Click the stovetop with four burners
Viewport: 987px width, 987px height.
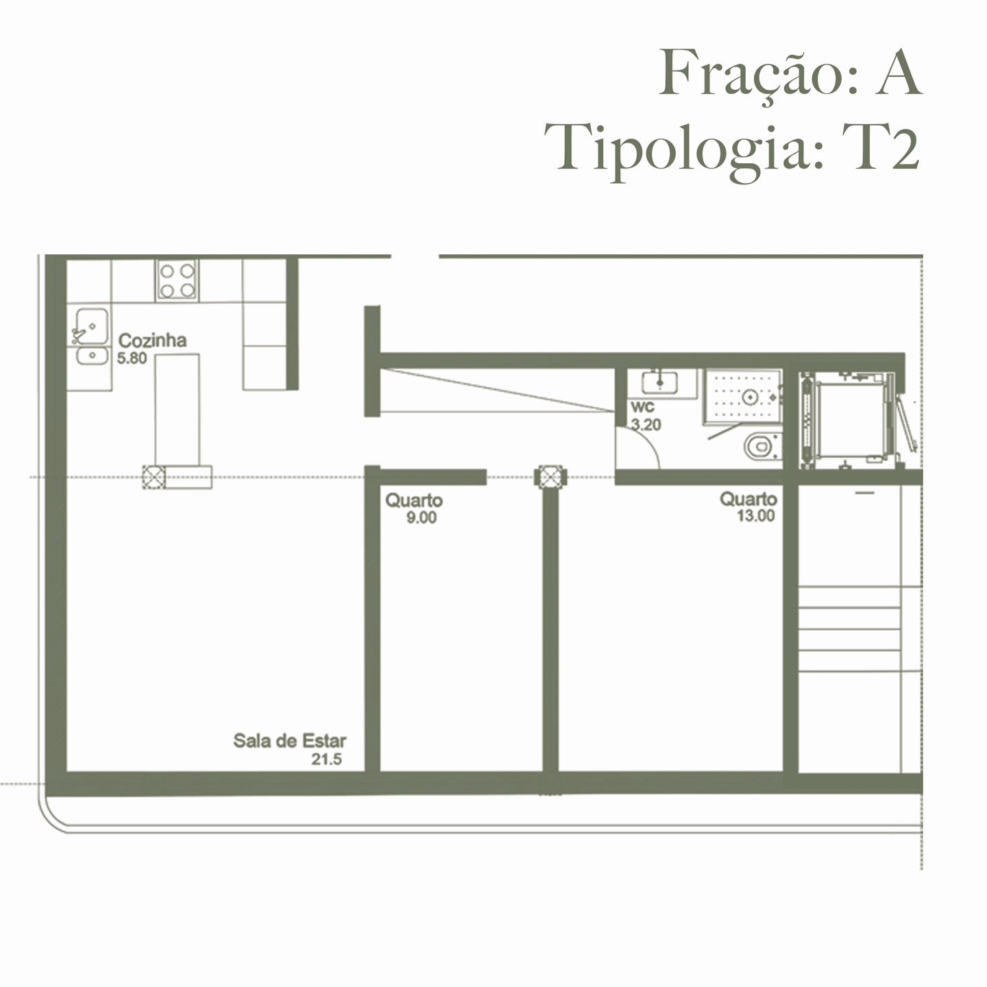click(178, 280)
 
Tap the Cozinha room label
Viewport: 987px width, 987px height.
click(152, 341)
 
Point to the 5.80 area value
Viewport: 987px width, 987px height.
click(132, 358)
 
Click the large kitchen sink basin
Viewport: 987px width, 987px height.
click(91, 325)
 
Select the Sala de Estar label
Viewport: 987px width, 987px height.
click(289, 741)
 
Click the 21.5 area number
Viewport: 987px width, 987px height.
click(326, 759)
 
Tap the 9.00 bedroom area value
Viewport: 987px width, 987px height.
click(421, 518)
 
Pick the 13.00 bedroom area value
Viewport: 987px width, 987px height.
click(755, 516)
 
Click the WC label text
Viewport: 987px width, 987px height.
click(642, 407)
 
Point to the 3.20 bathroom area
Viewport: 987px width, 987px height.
click(646, 425)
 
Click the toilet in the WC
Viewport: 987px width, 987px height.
click(761, 447)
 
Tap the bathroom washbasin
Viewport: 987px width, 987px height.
click(659, 381)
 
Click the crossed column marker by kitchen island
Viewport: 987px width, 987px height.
click(154, 476)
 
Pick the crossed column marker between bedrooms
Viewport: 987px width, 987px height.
click(550, 477)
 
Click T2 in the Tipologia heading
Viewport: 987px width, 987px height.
click(884, 147)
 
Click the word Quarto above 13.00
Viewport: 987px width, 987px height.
click(748, 499)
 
